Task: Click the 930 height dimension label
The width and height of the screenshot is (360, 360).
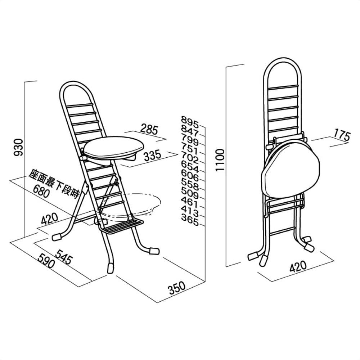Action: [19, 147]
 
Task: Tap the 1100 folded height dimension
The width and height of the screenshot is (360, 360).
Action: [220, 160]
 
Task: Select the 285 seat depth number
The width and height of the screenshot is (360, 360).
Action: [149, 129]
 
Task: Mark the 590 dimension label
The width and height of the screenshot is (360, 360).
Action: [46, 260]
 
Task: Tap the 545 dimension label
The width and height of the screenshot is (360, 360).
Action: [64, 257]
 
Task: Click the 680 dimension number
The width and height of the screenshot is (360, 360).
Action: [41, 191]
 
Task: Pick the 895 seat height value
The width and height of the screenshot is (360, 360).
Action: [190, 122]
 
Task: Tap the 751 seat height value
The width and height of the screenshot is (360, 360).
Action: [190, 149]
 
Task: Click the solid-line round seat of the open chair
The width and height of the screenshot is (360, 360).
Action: [114, 147]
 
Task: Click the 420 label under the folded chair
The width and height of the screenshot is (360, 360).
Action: [298, 266]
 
